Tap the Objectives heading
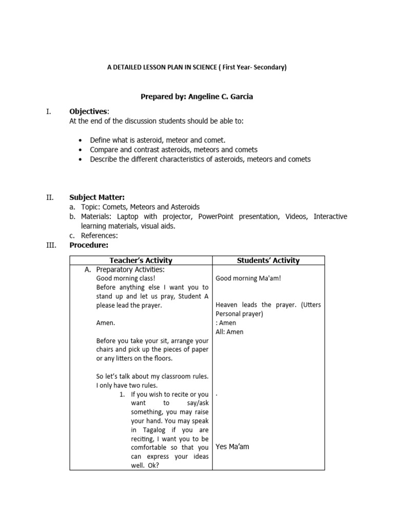89,112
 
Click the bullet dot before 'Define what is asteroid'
82,140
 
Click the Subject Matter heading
97,197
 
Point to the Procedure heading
89,245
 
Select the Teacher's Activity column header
141,260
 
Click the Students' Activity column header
268,260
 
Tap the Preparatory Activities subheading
130,270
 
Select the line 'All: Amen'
230,332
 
